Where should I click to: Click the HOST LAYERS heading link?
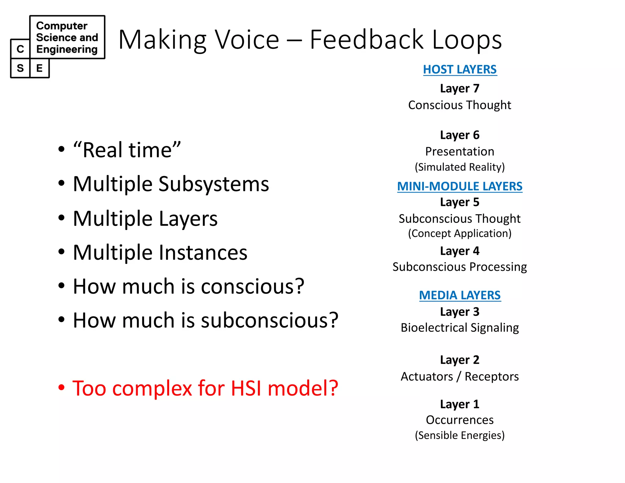pyautogui.click(x=460, y=70)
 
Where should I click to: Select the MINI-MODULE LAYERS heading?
pyautogui.click(x=460, y=186)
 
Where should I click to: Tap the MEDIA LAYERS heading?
pyautogui.click(x=460, y=295)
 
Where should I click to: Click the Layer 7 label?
pyautogui.click(x=460, y=89)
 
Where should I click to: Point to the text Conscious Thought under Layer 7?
pyautogui.click(x=460, y=105)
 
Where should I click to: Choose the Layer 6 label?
pyautogui.click(x=460, y=135)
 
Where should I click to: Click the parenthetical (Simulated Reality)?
pyautogui.click(x=460, y=167)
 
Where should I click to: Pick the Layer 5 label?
pyautogui.click(x=460, y=202)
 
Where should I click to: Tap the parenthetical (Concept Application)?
pyautogui.click(x=460, y=233)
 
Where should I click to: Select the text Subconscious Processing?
pyautogui.click(x=460, y=267)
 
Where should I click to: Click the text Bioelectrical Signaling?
pyautogui.click(x=460, y=328)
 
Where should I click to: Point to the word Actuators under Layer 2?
pyautogui.click(x=427, y=376)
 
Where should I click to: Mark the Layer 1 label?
pyautogui.click(x=460, y=404)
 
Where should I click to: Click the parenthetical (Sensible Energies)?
pyautogui.click(x=460, y=435)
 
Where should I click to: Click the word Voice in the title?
pyautogui.click(x=247, y=40)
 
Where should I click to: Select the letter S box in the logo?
pyautogui.click(x=20, y=68)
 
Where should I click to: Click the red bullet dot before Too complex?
pyautogui.click(x=61, y=387)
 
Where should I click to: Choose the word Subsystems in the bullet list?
pyautogui.click(x=214, y=184)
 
